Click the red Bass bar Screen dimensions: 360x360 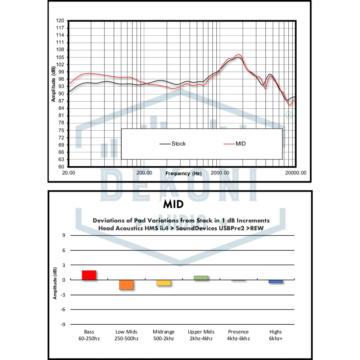click(x=89, y=275)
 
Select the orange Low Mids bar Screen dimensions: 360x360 click(x=126, y=285)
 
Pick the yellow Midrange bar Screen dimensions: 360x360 click(x=163, y=283)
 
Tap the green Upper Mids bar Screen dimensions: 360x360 click(x=201, y=278)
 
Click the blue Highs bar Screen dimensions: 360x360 click(x=276, y=282)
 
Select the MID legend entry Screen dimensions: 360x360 click(x=240, y=144)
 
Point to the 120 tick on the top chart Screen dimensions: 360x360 click(x=60, y=21)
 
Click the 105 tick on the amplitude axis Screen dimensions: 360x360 click(x=60, y=57)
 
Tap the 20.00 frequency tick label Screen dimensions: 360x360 click(x=69, y=173)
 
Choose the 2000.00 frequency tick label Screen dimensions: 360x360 click(x=220, y=173)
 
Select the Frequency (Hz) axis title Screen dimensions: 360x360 click(x=183, y=174)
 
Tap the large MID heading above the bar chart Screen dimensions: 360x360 click(x=173, y=204)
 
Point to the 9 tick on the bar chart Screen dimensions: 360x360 click(x=64, y=235)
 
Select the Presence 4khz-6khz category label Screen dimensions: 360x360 click(x=238, y=335)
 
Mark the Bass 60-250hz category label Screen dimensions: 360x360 click(x=89, y=335)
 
